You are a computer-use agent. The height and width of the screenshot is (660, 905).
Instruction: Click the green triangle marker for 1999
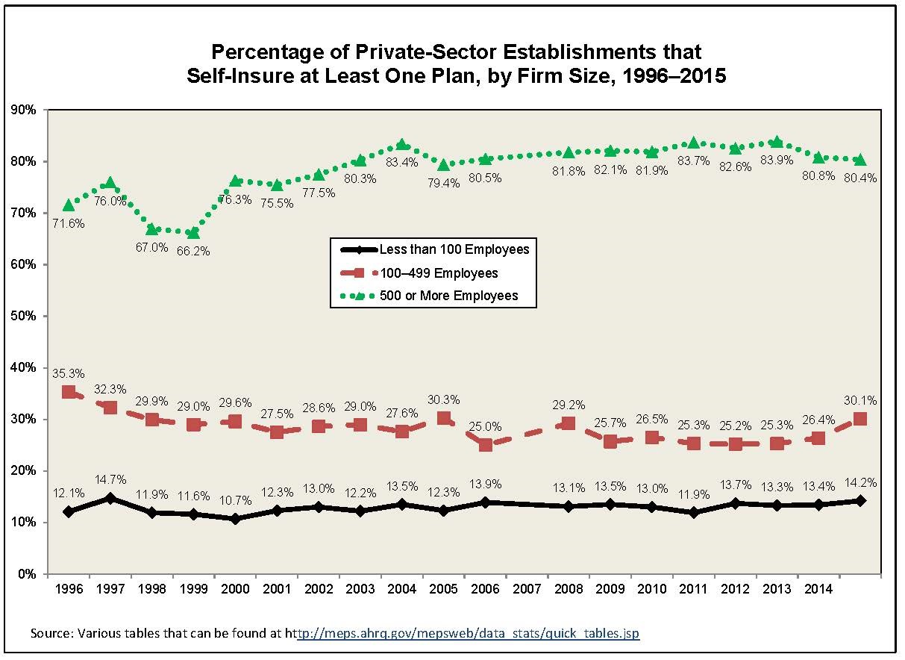[193, 234]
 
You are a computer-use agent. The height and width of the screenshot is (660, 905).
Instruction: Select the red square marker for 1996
[69, 392]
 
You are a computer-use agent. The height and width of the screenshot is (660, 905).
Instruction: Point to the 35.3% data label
[69, 373]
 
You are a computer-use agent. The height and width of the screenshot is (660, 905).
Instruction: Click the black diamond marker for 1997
[110, 498]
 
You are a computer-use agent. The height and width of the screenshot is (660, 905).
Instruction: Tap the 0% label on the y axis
[28, 574]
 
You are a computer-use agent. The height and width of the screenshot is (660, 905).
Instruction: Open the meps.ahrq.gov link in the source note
[468, 633]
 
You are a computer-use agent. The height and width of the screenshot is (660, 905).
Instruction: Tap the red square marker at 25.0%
[486, 445]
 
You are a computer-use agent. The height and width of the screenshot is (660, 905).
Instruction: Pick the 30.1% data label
[860, 400]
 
